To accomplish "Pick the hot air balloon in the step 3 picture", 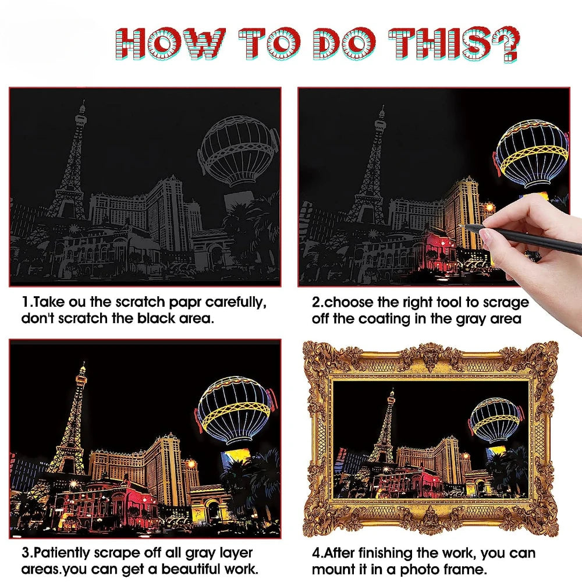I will point(234,410).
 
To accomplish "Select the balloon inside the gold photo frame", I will point(495,421).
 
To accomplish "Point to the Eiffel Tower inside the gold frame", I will point(385,431).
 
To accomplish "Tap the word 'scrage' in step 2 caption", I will point(508,303).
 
